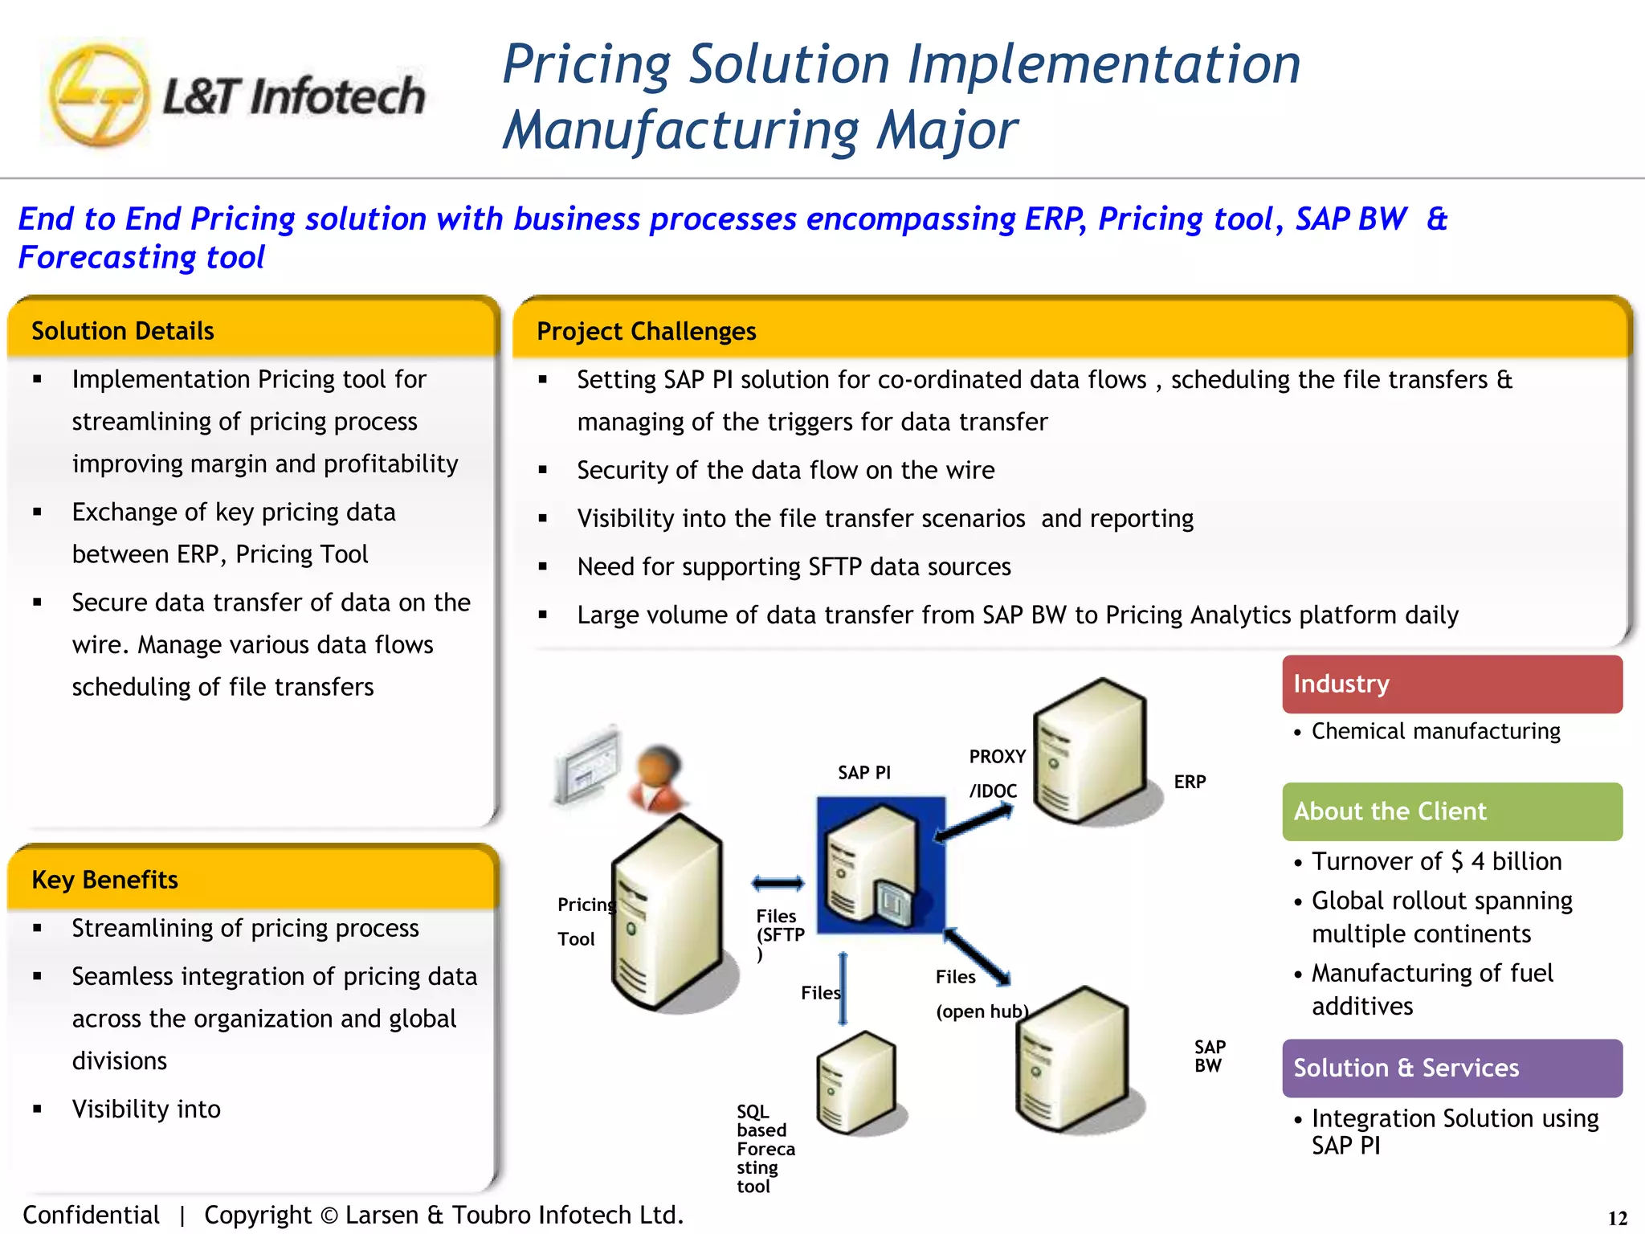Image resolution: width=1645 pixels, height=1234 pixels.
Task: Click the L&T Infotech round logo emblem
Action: click(98, 96)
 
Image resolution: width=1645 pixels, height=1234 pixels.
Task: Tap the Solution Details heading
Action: click(123, 331)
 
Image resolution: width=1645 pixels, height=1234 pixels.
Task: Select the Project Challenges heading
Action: click(647, 331)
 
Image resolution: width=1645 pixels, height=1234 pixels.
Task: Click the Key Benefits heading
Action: click(104, 880)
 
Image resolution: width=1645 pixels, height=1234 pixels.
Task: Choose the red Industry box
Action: click(1451, 684)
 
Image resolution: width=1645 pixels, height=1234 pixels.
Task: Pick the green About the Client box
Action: click(1451, 811)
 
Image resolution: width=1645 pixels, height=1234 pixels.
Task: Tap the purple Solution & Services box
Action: click(1451, 1068)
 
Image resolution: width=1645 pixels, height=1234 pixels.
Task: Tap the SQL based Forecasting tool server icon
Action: click(856, 1082)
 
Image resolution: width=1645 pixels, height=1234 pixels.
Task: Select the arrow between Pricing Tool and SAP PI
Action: click(778, 884)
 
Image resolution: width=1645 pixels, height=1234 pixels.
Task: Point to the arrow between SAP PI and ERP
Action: click(974, 824)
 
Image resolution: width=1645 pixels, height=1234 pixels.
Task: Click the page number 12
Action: click(1617, 1218)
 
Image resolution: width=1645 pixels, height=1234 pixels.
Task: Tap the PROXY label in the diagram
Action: click(997, 757)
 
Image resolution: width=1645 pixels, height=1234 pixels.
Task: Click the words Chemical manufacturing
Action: click(1435, 731)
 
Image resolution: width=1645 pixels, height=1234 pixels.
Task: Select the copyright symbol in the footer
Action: click(329, 1216)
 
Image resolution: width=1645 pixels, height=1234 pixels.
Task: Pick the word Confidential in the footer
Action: click(91, 1215)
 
